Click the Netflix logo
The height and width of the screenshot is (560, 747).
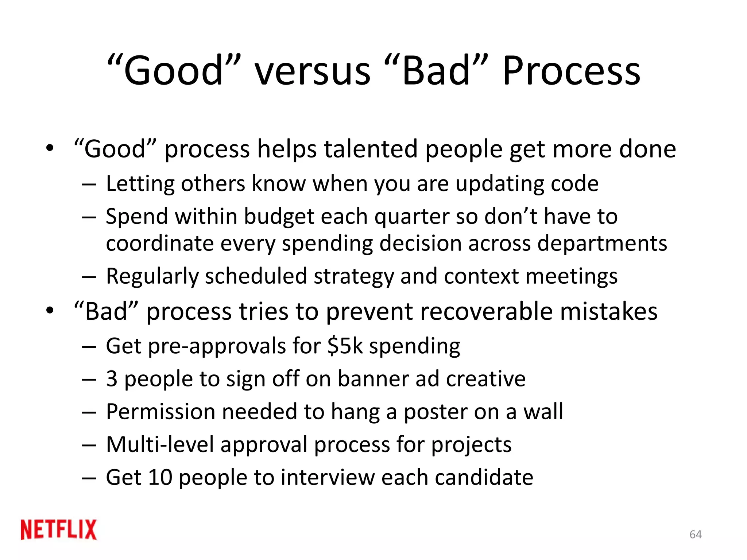point(58,529)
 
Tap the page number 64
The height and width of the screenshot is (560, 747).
point(696,534)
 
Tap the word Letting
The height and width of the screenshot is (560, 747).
point(139,183)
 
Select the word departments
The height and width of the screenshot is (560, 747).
point(602,243)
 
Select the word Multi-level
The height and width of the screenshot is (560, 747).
point(160,445)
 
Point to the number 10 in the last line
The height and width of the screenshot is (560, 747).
point(160,478)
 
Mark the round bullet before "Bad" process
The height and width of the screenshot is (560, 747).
point(50,311)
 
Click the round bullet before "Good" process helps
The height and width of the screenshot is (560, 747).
point(50,148)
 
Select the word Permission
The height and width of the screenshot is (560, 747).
point(160,412)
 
